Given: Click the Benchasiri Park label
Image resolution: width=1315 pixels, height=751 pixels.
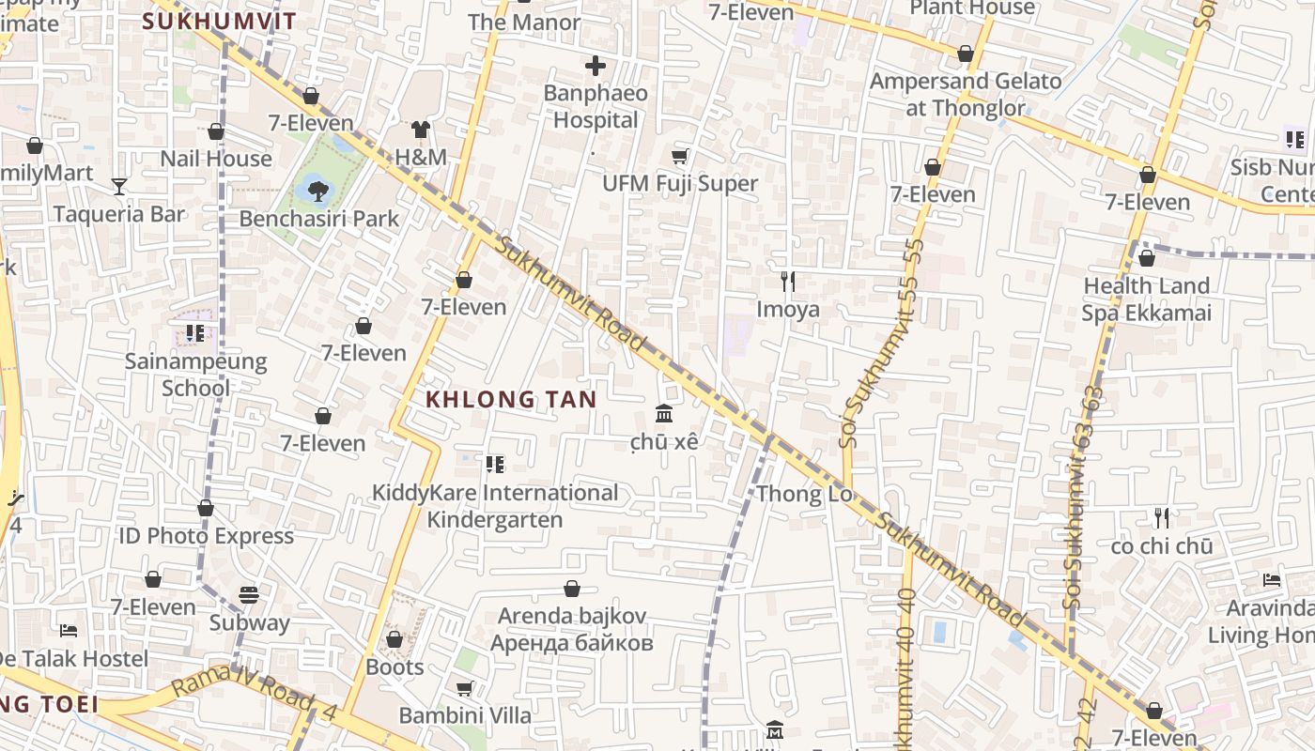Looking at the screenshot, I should click(319, 219).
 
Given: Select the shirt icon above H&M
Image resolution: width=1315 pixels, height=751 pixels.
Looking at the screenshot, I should click(420, 130).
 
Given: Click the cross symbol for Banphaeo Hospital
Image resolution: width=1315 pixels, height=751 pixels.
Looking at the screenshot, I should click(595, 66).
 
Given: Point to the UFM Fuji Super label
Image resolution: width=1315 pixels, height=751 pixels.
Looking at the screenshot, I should click(680, 183).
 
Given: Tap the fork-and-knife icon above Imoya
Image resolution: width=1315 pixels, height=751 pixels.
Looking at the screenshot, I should click(788, 281).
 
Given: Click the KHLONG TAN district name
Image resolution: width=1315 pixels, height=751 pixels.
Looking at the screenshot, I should click(511, 399).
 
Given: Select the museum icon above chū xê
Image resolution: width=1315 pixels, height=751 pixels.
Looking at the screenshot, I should click(663, 413).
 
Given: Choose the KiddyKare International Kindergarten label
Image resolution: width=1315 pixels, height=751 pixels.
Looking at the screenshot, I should click(495, 506).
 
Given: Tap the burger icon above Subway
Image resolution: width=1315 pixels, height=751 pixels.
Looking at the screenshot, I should click(249, 594).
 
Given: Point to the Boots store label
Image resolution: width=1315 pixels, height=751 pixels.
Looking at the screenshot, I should click(394, 667).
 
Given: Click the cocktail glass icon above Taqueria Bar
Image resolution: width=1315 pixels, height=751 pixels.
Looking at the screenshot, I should click(119, 186).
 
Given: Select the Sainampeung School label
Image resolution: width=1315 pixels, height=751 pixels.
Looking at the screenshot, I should click(195, 375).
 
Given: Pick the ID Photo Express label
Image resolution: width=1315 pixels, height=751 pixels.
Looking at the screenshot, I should click(206, 536).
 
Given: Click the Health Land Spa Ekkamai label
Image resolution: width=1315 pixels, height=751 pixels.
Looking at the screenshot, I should click(1146, 299).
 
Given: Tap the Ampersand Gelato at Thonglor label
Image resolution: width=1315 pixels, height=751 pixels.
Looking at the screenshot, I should click(966, 94).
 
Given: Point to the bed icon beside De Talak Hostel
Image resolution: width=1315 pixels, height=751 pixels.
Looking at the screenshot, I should click(69, 630).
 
